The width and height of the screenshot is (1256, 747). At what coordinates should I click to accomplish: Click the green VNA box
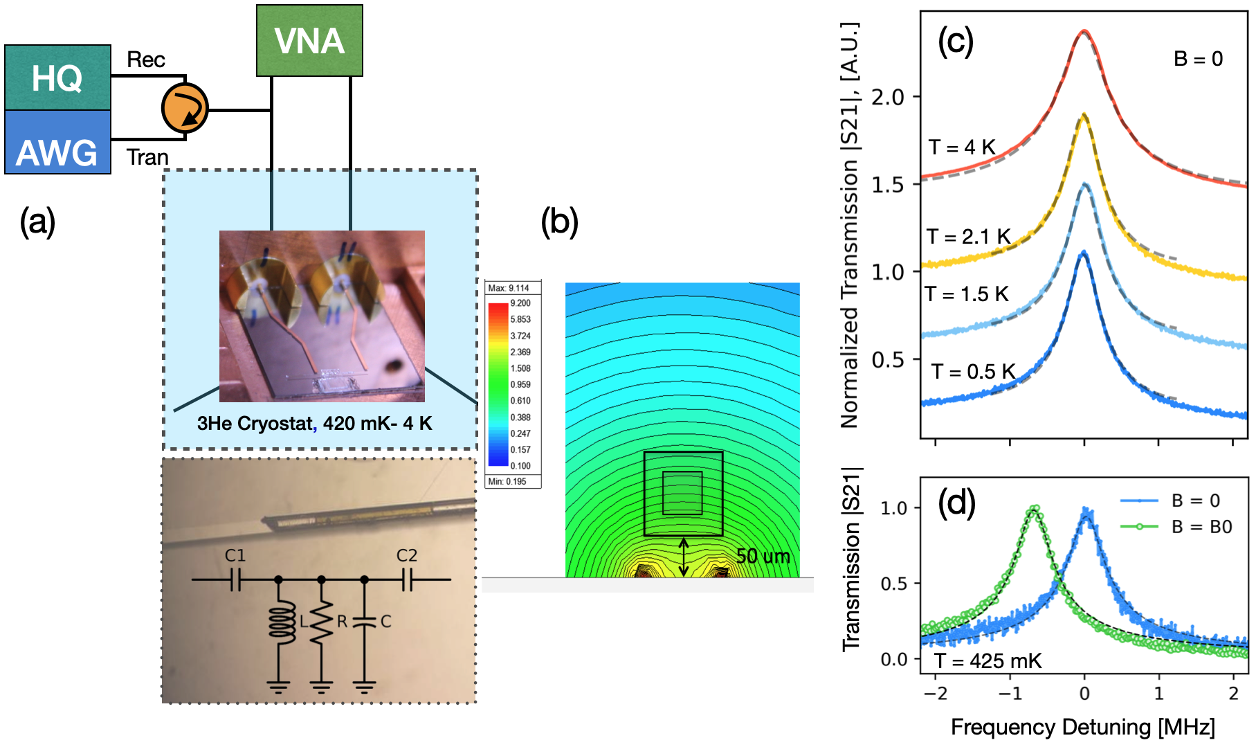pyautogui.click(x=309, y=41)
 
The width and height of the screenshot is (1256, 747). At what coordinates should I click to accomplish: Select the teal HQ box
pyautogui.click(x=57, y=78)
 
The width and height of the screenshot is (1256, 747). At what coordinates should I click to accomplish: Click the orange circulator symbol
pyautogui.click(x=185, y=108)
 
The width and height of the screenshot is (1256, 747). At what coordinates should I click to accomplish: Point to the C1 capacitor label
pyautogui.click(x=235, y=556)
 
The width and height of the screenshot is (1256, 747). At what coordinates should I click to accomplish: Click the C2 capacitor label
pyautogui.click(x=407, y=556)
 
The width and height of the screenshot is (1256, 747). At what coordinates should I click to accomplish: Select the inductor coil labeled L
pyautogui.click(x=281, y=622)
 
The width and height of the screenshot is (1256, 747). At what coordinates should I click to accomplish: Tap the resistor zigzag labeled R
pyautogui.click(x=321, y=622)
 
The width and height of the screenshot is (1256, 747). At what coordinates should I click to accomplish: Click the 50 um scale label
pyautogui.click(x=763, y=557)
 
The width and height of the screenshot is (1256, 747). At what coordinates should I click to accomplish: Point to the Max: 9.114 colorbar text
pyautogui.click(x=509, y=288)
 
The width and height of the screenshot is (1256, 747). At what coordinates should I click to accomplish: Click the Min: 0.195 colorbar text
pyautogui.click(x=507, y=481)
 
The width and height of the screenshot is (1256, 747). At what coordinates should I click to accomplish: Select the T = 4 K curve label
pyautogui.click(x=962, y=147)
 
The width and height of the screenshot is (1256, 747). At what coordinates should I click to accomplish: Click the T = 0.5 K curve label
pyautogui.click(x=973, y=372)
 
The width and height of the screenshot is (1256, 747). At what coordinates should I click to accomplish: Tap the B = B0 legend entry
pyautogui.click(x=1201, y=527)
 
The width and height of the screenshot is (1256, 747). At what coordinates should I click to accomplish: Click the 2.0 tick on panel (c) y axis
pyautogui.click(x=888, y=97)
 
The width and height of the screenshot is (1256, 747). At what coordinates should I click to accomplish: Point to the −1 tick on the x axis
pyautogui.click(x=1010, y=694)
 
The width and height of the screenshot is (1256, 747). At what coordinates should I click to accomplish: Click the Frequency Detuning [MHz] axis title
pyautogui.click(x=1082, y=727)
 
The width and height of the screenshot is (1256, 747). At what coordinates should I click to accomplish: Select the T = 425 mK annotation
pyautogui.click(x=987, y=661)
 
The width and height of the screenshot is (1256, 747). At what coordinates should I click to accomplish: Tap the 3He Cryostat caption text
pyautogui.click(x=315, y=424)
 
